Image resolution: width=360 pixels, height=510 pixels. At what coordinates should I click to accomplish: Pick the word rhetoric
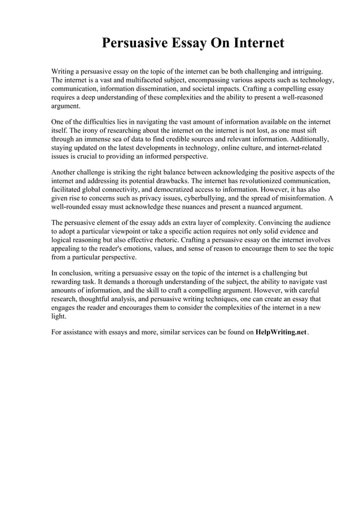[183, 240]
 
